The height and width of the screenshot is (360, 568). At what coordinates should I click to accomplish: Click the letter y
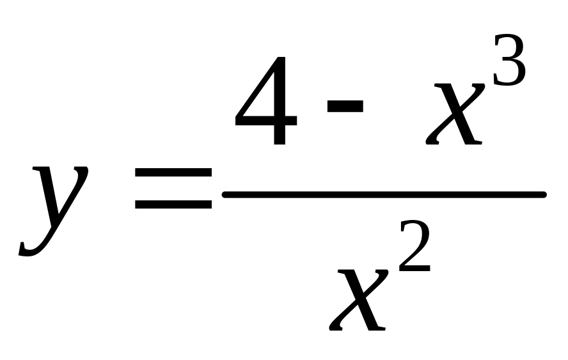pyautogui.click(x=54, y=210)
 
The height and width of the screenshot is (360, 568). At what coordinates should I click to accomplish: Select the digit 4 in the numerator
pyautogui.click(x=266, y=100)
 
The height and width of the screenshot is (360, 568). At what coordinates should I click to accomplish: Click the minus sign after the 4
pyautogui.click(x=345, y=106)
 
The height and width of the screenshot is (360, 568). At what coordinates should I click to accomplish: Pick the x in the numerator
pyautogui.click(x=455, y=114)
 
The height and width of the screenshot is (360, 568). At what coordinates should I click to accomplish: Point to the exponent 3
pyautogui.click(x=509, y=60)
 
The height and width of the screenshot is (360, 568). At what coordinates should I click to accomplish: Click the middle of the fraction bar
pyautogui.click(x=384, y=195)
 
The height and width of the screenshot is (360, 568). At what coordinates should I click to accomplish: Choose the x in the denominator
pyautogui.click(x=359, y=300)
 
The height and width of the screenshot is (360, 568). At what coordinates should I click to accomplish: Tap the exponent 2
pyautogui.click(x=414, y=246)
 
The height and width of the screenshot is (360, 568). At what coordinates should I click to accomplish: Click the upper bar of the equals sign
pyautogui.click(x=173, y=172)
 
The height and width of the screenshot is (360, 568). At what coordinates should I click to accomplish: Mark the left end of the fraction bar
pyautogui.click(x=223, y=195)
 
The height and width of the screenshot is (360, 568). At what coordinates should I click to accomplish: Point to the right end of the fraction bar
pyautogui.click(x=545, y=195)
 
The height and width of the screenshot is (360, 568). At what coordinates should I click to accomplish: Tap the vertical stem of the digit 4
pyautogui.click(x=280, y=100)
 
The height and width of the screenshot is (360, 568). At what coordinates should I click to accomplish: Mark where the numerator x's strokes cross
pyautogui.click(x=457, y=113)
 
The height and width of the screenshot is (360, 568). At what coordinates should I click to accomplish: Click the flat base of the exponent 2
pyautogui.click(x=415, y=269)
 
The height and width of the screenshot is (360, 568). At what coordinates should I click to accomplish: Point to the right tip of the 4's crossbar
pyautogui.click(x=296, y=121)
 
